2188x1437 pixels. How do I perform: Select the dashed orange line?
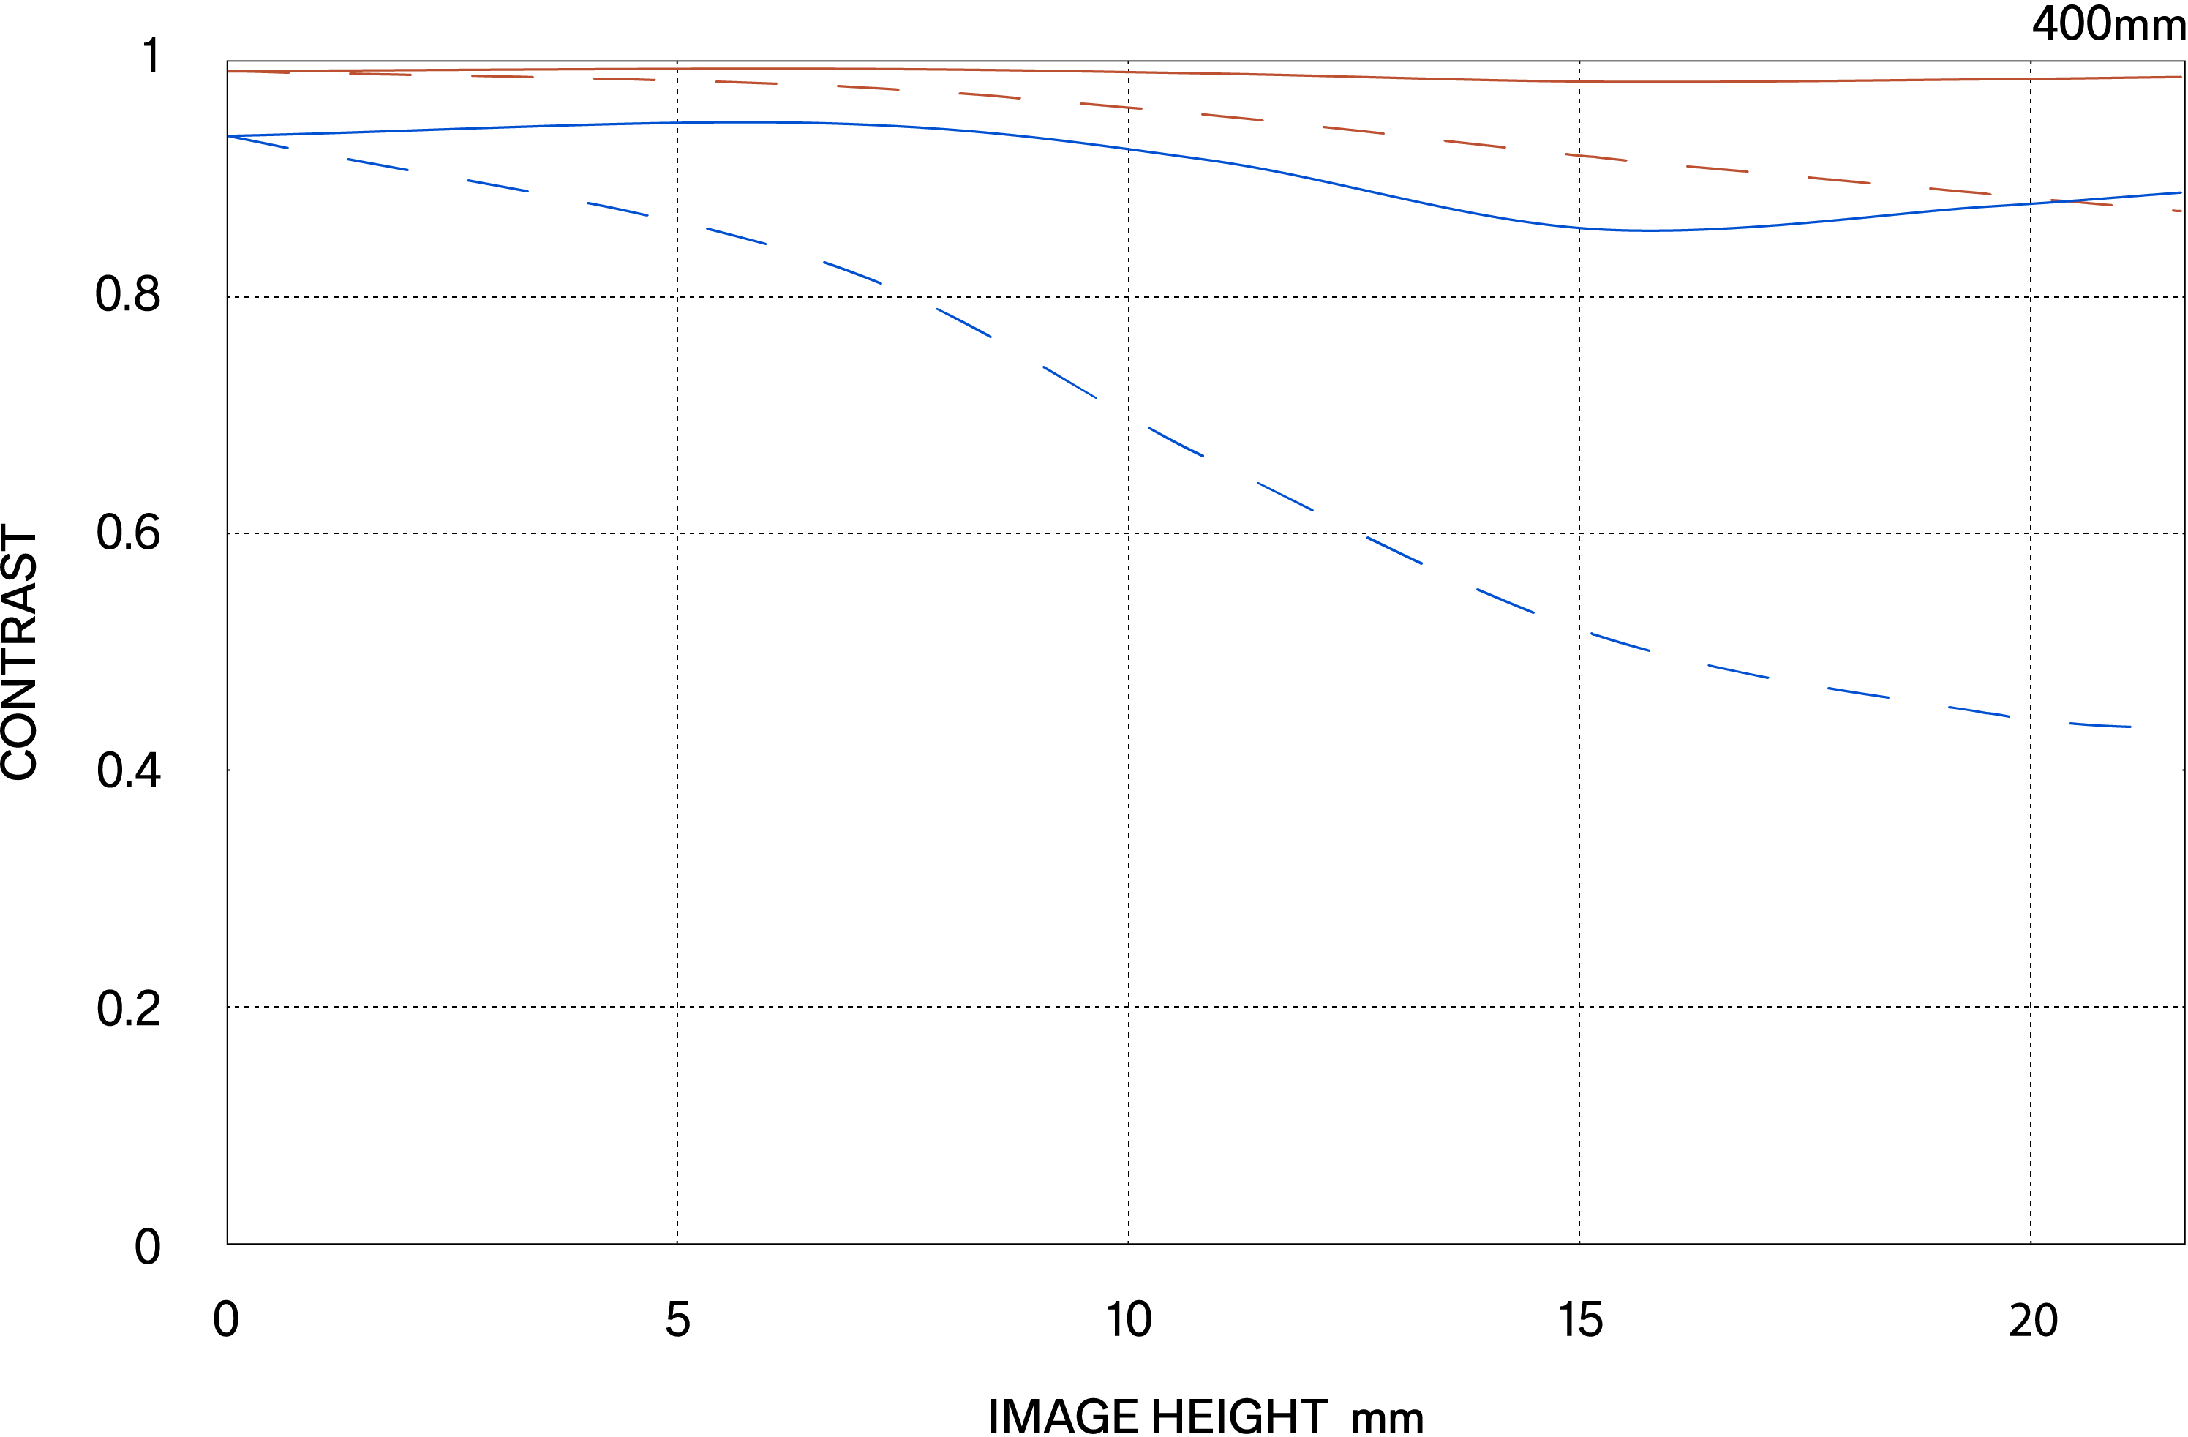(1232, 117)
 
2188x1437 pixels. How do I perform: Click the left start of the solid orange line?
(229, 71)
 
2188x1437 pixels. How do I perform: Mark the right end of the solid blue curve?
(2181, 192)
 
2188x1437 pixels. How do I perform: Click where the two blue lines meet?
(229, 136)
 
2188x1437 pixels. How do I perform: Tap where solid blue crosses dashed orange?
(2073, 200)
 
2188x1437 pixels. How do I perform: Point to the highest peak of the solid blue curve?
(754, 121)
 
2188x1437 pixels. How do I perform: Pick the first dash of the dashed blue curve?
(258, 142)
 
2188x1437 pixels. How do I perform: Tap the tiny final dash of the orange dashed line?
(2177, 211)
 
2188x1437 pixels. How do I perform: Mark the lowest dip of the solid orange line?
(1636, 82)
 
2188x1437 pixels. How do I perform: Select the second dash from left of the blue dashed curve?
(377, 165)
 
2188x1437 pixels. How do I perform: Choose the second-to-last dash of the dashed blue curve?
(1978, 710)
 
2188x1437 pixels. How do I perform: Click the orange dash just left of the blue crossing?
(1960, 190)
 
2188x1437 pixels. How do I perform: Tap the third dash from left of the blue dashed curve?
(497, 186)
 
